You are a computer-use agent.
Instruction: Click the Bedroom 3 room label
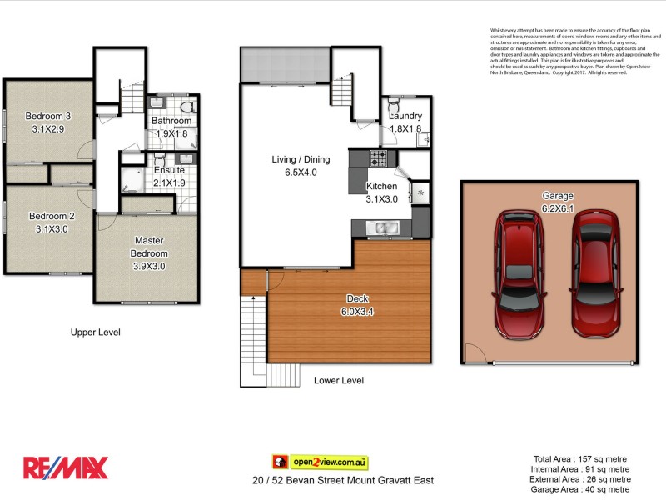(47, 116)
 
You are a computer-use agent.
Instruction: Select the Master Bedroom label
(151, 241)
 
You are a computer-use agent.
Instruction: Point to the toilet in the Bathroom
(187, 107)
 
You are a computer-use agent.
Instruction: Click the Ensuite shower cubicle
(132, 179)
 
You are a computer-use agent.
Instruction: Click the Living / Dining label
(301, 159)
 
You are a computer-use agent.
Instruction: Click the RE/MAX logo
(65, 467)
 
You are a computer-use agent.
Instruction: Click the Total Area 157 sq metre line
(581, 458)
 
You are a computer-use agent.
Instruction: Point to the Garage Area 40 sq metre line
(581, 488)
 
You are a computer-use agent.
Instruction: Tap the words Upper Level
(96, 332)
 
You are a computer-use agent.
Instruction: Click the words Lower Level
(339, 380)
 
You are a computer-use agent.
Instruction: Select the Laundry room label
(405, 116)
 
